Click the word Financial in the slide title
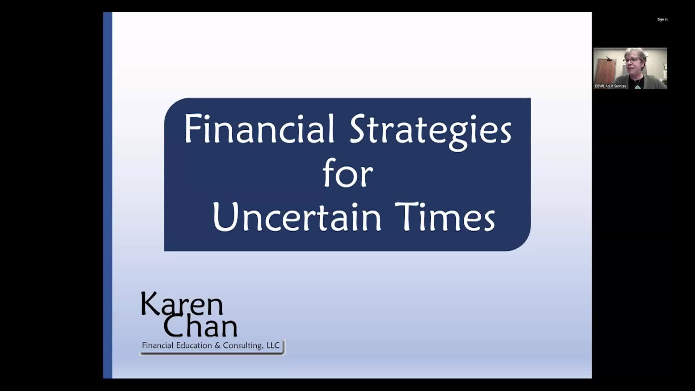pyautogui.click(x=259, y=129)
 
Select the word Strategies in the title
pyautogui.click(x=430, y=131)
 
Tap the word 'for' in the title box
pyautogui.click(x=347, y=174)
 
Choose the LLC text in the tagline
pyautogui.click(x=273, y=345)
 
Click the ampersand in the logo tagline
pyautogui.click(x=218, y=346)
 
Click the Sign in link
pyautogui.click(x=662, y=20)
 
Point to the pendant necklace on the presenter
pyautogui.click(x=637, y=87)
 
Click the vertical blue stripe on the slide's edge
pyautogui.click(x=108, y=195)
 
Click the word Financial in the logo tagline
pyautogui.click(x=157, y=345)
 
